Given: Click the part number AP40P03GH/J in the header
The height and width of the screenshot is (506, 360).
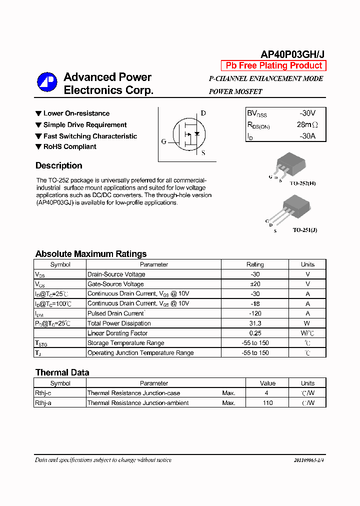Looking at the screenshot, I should click(292, 54).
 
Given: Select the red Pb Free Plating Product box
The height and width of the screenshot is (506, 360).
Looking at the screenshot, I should click(273, 66).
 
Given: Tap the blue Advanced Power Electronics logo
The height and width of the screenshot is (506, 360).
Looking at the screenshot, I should click(47, 82).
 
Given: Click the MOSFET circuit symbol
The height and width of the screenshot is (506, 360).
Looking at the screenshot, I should click(188, 134).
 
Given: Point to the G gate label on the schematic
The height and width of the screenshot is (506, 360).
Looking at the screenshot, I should click(163, 141).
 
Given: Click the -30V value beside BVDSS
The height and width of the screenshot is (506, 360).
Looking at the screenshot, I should click(307, 113).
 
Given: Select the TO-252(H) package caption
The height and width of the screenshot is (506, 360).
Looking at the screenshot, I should click(304, 183).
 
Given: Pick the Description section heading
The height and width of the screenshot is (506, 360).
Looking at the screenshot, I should click(59, 166).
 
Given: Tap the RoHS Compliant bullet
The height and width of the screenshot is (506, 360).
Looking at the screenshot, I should click(69, 147).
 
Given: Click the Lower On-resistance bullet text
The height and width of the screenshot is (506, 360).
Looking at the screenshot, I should click(76, 113).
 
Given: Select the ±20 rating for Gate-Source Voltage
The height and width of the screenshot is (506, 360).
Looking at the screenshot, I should click(255, 284).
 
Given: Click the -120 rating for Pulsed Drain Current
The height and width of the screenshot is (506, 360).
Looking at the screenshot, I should click(255, 313).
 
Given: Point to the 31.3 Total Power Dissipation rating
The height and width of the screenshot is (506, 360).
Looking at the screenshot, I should click(255, 323).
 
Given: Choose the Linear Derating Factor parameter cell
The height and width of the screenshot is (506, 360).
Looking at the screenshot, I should click(117, 333).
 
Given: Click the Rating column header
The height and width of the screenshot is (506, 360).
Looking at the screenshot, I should click(255, 264).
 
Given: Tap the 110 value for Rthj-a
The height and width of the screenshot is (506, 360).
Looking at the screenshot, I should click(267, 403).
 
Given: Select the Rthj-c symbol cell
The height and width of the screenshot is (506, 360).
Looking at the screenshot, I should click(43, 393).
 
